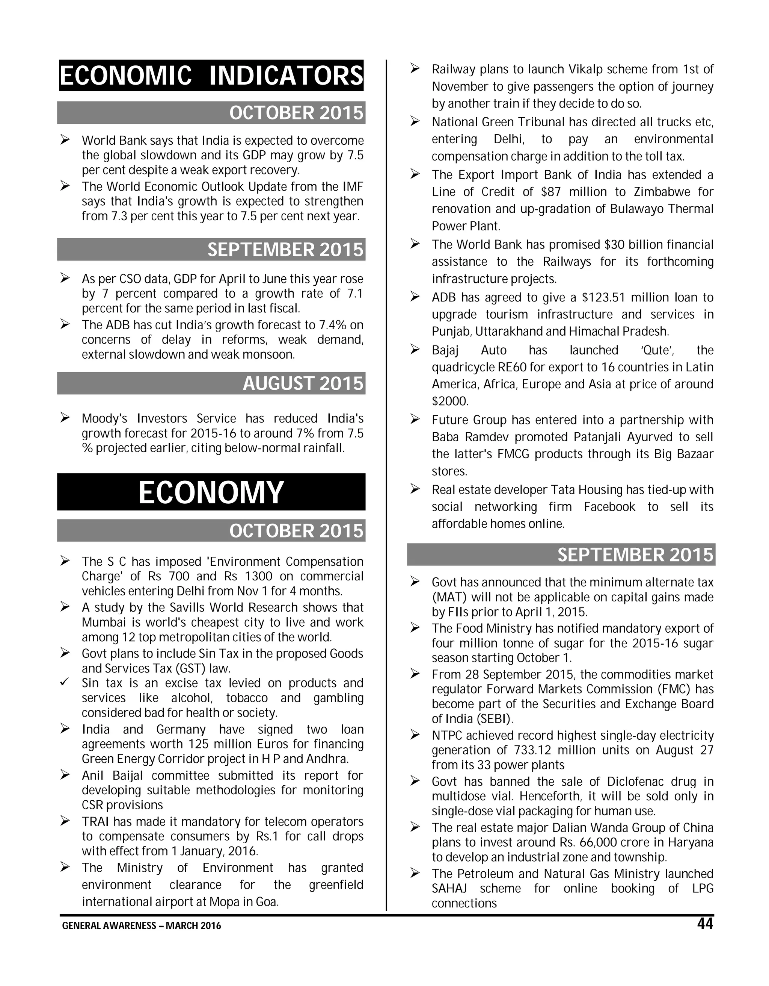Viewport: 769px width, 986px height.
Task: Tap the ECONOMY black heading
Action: pos(211,492)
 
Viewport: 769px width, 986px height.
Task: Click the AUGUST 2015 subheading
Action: pos(303,383)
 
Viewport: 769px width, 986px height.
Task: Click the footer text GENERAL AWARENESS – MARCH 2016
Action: pos(142,926)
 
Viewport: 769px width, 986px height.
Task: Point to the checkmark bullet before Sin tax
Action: pos(65,682)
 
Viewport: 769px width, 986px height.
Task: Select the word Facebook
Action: pos(609,507)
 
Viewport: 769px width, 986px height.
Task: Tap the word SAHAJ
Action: pos(449,889)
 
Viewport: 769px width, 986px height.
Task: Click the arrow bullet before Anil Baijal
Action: pos(65,775)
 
